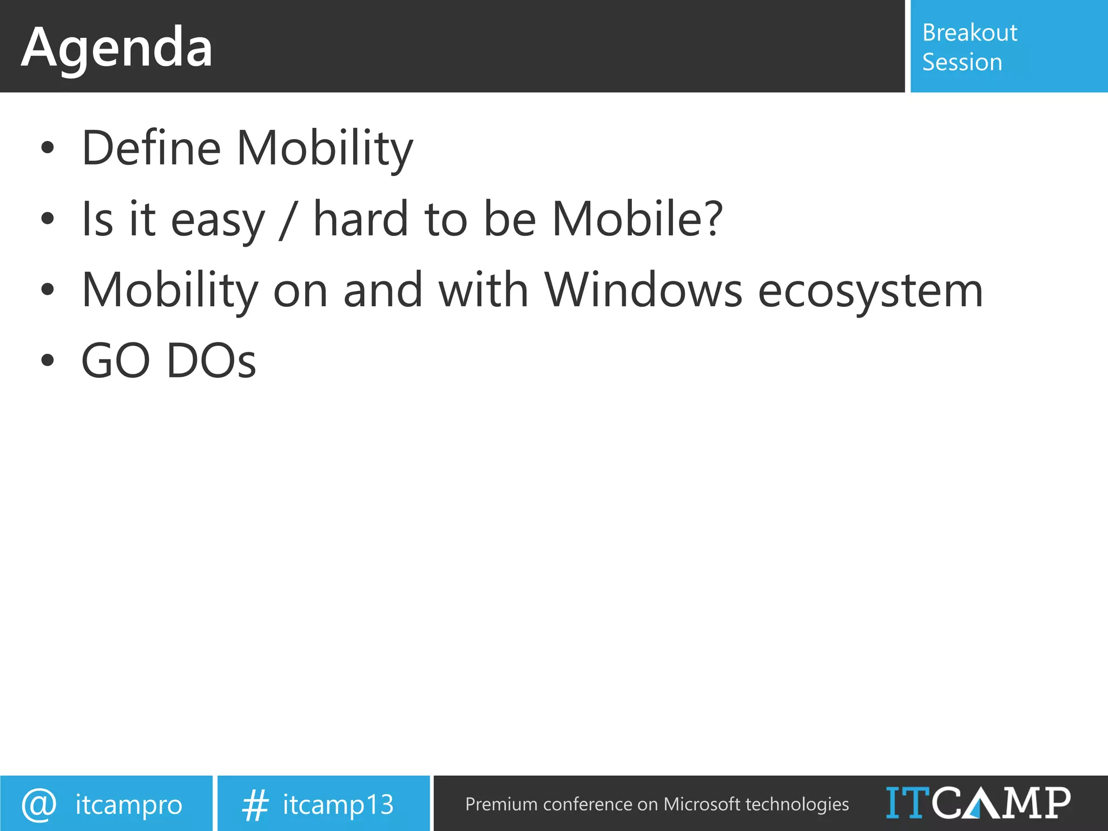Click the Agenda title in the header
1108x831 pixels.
(117, 49)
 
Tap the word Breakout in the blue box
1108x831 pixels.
(969, 33)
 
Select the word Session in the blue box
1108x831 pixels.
(962, 62)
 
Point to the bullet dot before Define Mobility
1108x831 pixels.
(48, 148)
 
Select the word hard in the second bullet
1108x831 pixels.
(361, 219)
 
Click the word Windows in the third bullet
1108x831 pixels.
(643, 290)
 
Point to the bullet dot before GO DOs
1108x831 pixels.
(48, 360)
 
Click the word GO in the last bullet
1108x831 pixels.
(115, 361)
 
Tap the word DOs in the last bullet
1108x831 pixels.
(211, 361)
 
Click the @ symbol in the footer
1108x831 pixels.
(39, 804)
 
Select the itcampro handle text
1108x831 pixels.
(129, 805)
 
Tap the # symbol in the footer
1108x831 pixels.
(255, 804)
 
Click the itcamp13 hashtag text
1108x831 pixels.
(338, 805)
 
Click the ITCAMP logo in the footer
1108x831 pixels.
(978, 803)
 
